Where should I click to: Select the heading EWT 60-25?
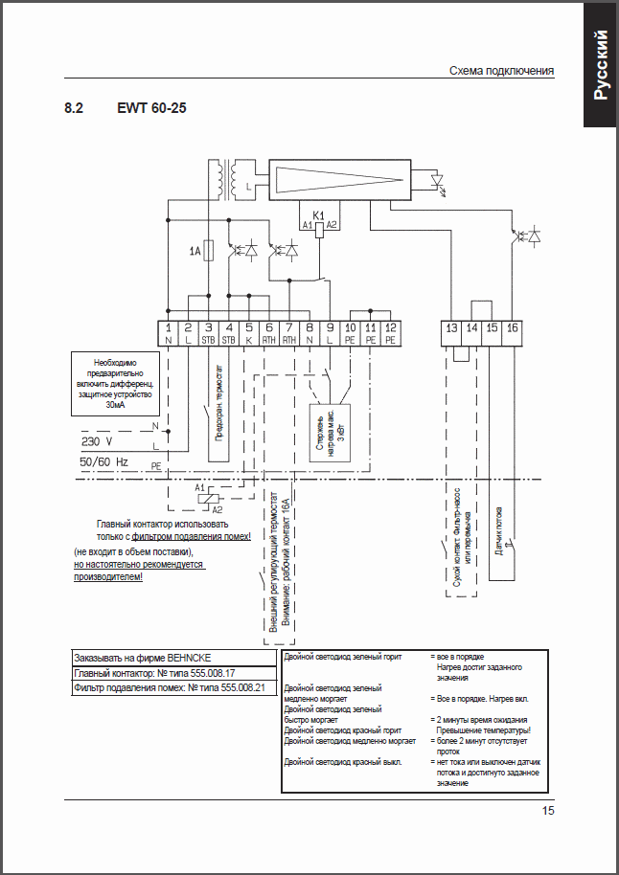pyautogui.click(x=151, y=108)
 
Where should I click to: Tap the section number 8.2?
pyautogui.click(x=74, y=108)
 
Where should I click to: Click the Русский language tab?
pyautogui.click(x=600, y=64)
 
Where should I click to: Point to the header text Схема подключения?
pyautogui.click(x=501, y=72)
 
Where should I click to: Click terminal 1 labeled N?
pyautogui.click(x=169, y=333)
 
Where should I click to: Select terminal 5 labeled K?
pyautogui.click(x=249, y=333)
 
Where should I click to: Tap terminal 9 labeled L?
pyautogui.click(x=330, y=333)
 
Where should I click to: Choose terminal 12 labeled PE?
pyautogui.click(x=390, y=333)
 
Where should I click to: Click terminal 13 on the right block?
pyautogui.click(x=451, y=328)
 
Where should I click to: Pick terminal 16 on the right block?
pyautogui.click(x=513, y=328)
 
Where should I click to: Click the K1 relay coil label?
pyautogui.click(x=320, y=217)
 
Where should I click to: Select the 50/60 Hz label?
pyautogui.click(x=103, y=461)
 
